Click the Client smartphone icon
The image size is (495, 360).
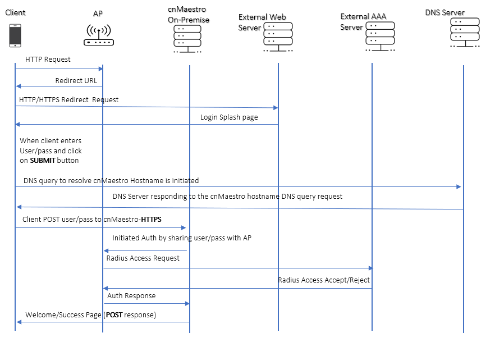pos(15,35)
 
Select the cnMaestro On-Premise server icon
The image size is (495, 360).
pos(187,39)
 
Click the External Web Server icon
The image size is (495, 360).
pos(278,37)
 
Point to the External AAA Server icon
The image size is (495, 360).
pos(380,36)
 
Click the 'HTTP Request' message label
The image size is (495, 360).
pos(48,59)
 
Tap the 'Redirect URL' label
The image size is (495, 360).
pos(76,80)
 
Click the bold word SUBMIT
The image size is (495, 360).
pos(43,160)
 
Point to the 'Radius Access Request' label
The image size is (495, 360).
pos(143,258)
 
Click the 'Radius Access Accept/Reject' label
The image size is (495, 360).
pos(324,280)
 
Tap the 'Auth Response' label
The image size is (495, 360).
pos(131,295)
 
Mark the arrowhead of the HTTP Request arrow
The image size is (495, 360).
pos(101,69)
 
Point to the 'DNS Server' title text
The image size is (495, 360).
pos(444,12)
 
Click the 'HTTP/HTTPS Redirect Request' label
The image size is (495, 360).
pos(68,99)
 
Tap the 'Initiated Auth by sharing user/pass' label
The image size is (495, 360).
pos(181,238)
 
